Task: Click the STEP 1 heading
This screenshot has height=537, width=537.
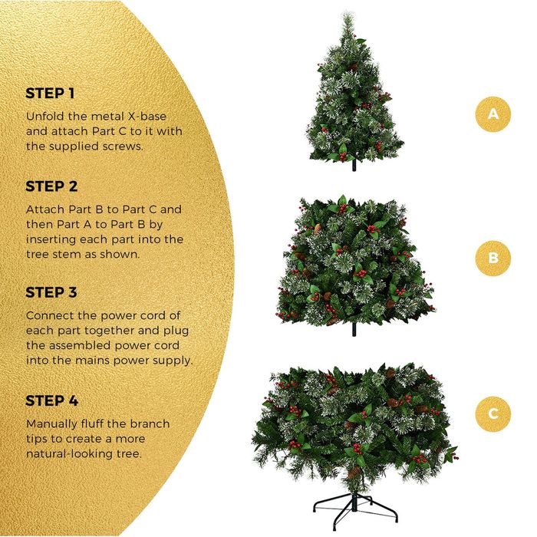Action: (x=50, y=93)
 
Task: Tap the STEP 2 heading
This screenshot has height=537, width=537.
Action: (x=51, y=186)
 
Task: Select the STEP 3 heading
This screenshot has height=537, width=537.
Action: (x=51, y=292)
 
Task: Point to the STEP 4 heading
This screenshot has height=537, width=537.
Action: (x=52, y=400)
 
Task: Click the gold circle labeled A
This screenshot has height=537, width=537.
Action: (x=493, y=114)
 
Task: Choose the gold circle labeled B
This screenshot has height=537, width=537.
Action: (x=493, y=258)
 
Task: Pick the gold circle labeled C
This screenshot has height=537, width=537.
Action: (x=493, y=413)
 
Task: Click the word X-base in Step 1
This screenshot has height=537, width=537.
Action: (x=147, y=117)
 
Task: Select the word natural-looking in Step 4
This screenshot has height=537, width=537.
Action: (x=63, y=454)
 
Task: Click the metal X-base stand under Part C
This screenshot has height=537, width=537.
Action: (x=355, y=510)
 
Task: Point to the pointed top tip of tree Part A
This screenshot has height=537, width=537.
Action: (x=348, y=14)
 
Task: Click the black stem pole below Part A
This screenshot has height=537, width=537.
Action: (x=354, y=166)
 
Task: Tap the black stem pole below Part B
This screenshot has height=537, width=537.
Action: (x=354, y=329)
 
